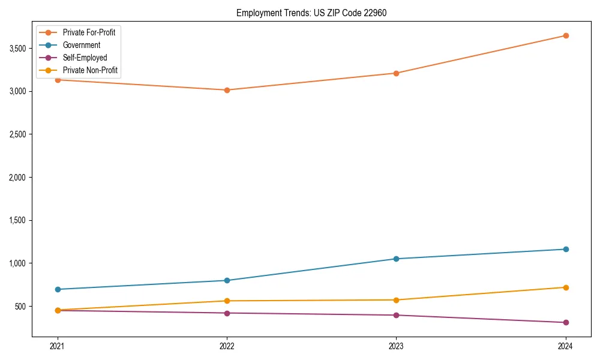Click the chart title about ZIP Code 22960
coord(311,13)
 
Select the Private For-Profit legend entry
coord(89,32)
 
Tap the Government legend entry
coord(82,45)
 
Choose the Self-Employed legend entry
coord(85,58)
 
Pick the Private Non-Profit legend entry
coord(90,71)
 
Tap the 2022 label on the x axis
coord(227,346)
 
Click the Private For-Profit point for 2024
coord(566,35)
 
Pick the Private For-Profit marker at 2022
coord(227,90)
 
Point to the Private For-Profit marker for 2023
coord(396,73)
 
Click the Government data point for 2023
coord(396,259)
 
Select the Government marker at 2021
coord(58,289)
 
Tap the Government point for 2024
coord(566,249)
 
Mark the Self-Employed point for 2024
coord(566,322)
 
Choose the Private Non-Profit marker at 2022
coord(227,301)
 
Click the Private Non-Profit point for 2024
coord(566,287)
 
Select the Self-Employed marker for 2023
coord(396,315)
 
